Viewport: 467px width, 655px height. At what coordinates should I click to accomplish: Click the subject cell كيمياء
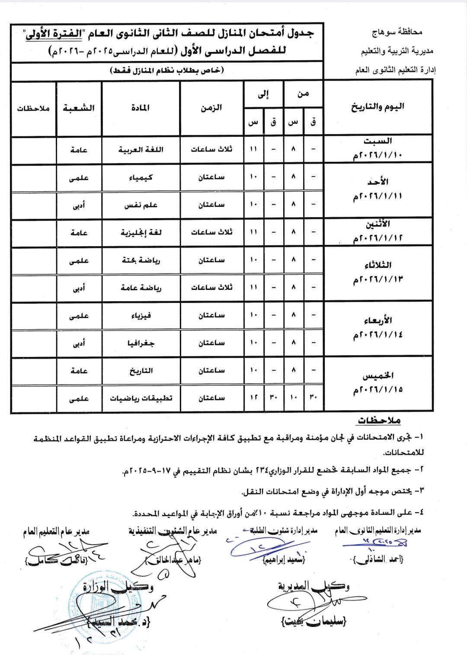pyautogui.click(x=141, y=177)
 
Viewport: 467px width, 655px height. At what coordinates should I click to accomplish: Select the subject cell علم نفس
pyautogui.click(x=141, y=205)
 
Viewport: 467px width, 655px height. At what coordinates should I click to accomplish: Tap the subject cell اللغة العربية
pyautogui.click(x=141, y=150)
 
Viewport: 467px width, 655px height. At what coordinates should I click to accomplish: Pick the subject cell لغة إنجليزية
pyautogui.click(x=141, y=233)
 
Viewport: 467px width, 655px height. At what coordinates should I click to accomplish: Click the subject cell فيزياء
pyautogui.click(x=141, y=315)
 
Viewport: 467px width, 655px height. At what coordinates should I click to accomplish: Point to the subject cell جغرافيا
pyautogui.click(x=141, y=343)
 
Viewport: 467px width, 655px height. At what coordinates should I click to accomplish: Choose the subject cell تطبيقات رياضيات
pyautogui.click(x=141, y=398)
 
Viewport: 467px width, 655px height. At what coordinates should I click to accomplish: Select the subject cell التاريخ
pyautogui.click(x=141, y=371)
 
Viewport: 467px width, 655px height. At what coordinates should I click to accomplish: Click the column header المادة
pyautogui.click(x=141, y=108)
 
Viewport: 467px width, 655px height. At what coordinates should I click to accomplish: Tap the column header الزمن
pyautogui.click(x=211, y=108)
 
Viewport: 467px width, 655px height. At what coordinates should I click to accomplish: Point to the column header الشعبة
pyautogui.click(x=79, y=108)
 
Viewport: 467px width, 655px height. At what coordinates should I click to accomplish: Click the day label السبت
pyautogui.click(x=378, y=141)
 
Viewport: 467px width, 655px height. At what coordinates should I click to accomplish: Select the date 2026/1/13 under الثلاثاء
pyautogui.click(x=378, y=280)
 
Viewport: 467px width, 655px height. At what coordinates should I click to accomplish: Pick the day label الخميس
pyautogui.click(x=378, y=376)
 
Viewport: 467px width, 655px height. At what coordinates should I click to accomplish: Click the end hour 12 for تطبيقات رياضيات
pyautogui.click(x=253, y=398)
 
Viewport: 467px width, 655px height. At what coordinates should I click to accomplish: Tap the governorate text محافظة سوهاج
pyautogui.click(x=397, y=32)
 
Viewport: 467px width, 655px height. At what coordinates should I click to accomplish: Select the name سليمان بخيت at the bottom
pyautogui.click(x=314, y=622)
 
